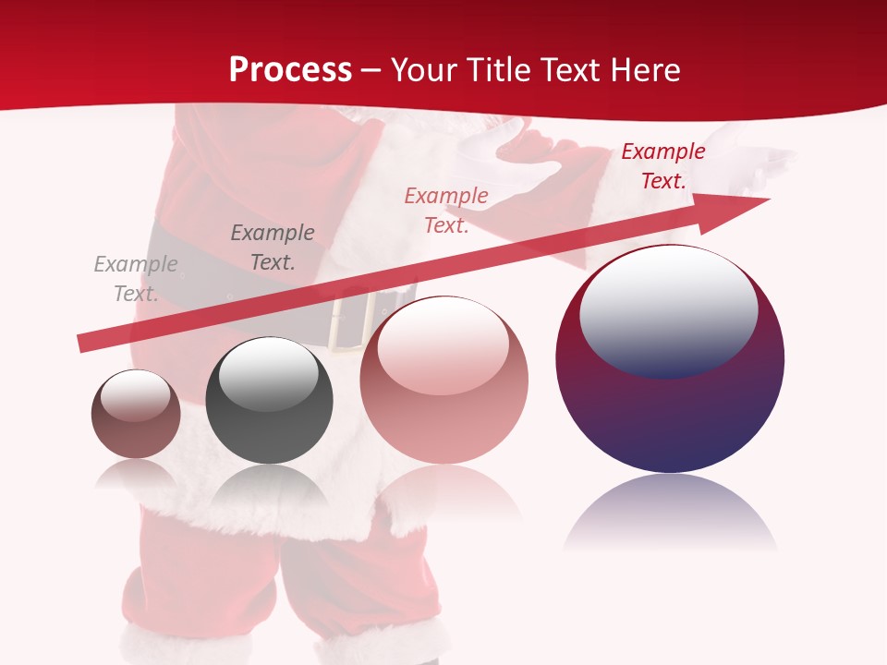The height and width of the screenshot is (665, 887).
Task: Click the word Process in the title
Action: point(290,69)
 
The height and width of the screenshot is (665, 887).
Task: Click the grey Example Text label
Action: point(136,279)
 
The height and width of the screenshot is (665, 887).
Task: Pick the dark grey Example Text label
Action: point(273,248)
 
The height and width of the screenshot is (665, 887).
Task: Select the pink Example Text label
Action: point(446,211)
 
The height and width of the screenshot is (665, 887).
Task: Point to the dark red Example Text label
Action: point(663,166)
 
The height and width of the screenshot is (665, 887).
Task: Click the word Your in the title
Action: point(426,69)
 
